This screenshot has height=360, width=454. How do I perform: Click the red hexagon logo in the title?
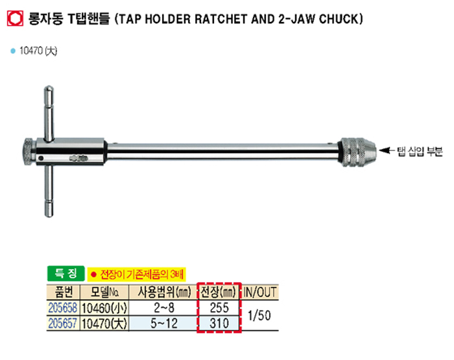(x=15, y=19)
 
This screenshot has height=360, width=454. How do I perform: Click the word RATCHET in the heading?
(x=221, y=19)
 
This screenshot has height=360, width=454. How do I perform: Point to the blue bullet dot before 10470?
(x=13, y=51)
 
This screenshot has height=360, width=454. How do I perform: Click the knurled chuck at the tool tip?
(x=358, y=152)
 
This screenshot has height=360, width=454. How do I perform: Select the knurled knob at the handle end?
(x=29, y=152)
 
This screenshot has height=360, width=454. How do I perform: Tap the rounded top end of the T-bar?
(x=49, y=88)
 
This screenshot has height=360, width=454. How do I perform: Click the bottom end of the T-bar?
(x=49, y=214)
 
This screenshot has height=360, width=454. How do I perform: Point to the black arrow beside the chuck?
(x=387, y=150)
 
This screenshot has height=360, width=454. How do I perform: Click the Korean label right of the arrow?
(x=420, y=151)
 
